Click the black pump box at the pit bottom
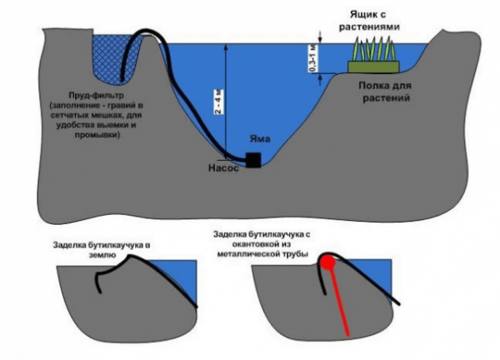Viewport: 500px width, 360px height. coord(253,160)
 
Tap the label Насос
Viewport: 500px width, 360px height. coord(223,168)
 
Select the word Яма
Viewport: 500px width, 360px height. coord(259,139)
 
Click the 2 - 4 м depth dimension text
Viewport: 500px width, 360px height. coord(218,102)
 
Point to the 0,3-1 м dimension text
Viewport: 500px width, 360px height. coord(313,58)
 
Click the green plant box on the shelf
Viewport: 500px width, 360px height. coord(373,67)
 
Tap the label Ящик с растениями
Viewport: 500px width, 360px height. coord(369,21)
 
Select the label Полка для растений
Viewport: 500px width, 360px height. coord(385,92)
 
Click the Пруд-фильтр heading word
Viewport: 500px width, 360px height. coord(96,96)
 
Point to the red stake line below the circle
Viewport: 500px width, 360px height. coord(339,302)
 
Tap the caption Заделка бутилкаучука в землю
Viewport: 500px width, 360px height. coord(102,250)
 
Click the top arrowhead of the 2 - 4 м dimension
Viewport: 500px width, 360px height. coord(226,47)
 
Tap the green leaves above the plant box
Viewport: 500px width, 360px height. coord(373,48)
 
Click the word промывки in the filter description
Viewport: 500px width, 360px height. coord(97,135)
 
